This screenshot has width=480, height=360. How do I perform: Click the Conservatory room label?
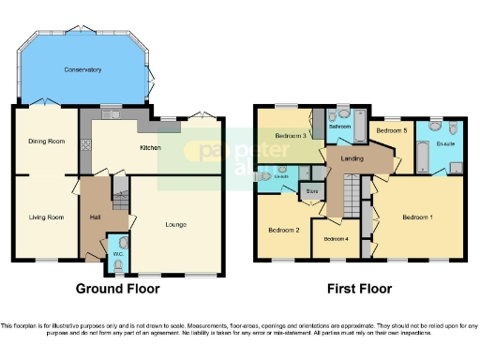pos(82,70)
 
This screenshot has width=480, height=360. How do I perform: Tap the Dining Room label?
pos(45,141)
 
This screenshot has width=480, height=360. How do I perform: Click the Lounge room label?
pos(175,224)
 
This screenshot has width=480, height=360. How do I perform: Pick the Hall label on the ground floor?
pos(95,217)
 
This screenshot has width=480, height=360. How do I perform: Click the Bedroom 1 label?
pos(418,217)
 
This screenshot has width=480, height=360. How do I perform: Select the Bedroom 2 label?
pos(284,230)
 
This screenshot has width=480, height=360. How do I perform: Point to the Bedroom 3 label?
pos(292,137)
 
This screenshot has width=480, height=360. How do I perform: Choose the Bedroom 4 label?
pos(336,239)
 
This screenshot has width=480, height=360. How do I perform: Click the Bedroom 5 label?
pos(391,130)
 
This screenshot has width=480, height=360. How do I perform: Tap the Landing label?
pos(352,158)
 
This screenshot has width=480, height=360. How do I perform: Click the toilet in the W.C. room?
pos(116,266)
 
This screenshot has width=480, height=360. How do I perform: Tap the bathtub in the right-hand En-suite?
pos(420,151)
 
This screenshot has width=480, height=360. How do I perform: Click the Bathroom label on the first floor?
pos(339,127)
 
